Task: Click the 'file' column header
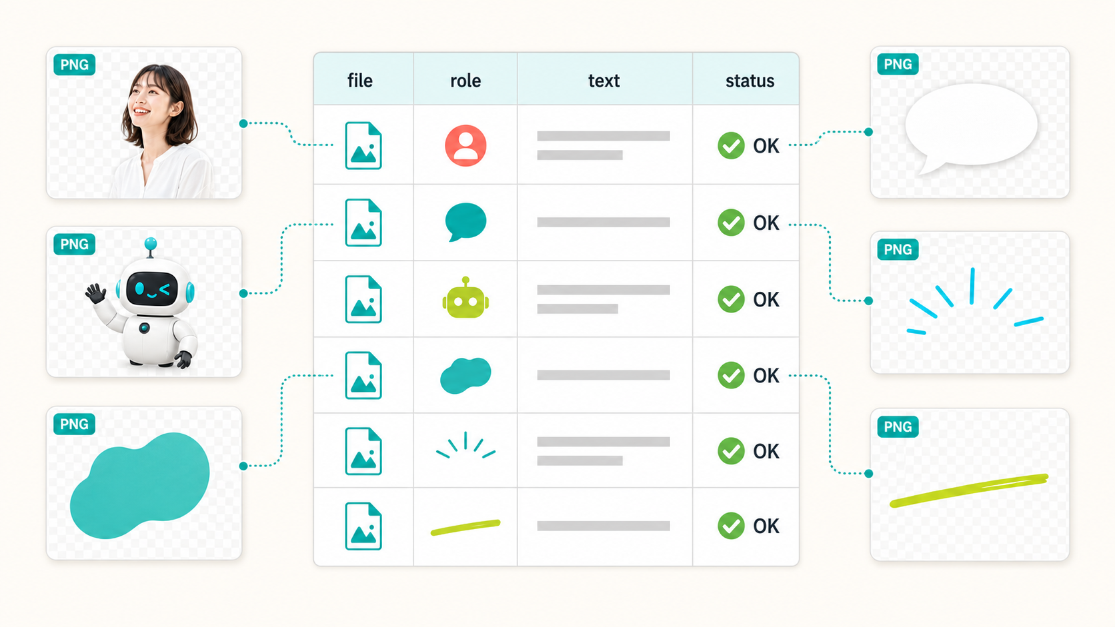(360, 81)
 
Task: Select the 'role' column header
(465, 81)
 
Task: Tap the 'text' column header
(604, 81)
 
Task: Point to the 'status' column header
(750, 81)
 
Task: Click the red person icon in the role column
(465, 145)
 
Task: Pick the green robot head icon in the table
(465, 298)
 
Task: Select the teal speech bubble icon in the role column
(465, 222)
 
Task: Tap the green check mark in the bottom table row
(731, 526)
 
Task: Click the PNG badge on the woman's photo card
(74, 65)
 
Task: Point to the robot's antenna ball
(150, 244)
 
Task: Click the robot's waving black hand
(95, 293)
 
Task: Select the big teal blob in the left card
(140, 486)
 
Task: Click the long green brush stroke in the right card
(969, 490)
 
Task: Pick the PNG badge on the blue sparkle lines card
(898, 249)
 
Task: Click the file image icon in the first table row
(363, 145)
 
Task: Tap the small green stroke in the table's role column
(465, 527)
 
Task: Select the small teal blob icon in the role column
(465, 375)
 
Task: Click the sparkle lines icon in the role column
(465, 444)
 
